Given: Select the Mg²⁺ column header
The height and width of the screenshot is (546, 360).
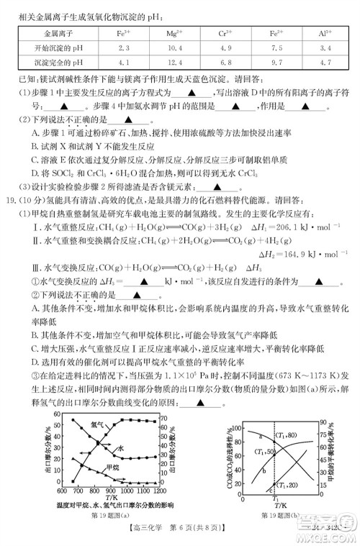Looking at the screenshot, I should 174,33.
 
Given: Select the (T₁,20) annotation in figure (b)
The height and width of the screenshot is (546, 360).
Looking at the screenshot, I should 289,485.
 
